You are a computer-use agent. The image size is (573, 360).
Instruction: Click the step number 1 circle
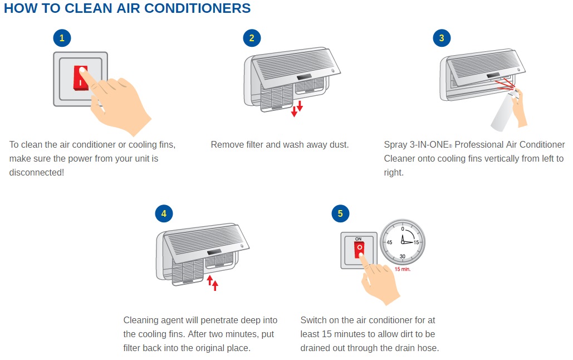[62, 38]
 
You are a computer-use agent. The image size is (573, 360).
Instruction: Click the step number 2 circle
[252, 38]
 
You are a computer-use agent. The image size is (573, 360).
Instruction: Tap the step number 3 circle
[442, 38]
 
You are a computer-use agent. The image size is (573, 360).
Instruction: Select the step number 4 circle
[163, 213]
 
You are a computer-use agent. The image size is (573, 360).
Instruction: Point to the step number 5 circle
[340, 213]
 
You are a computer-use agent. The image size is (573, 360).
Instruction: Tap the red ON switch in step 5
[359, 250]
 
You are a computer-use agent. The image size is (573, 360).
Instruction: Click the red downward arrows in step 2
[297, 108]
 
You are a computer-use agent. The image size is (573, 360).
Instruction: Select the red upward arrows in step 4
[212, 282]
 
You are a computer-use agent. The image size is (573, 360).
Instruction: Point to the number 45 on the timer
[389, 242]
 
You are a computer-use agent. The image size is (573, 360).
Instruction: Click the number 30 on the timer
[403, 256]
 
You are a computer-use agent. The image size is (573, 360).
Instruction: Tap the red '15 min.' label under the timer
[403, 269]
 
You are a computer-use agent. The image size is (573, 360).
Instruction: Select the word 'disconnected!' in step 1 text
[37, 173]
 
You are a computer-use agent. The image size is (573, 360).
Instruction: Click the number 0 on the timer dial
[403, 229]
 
